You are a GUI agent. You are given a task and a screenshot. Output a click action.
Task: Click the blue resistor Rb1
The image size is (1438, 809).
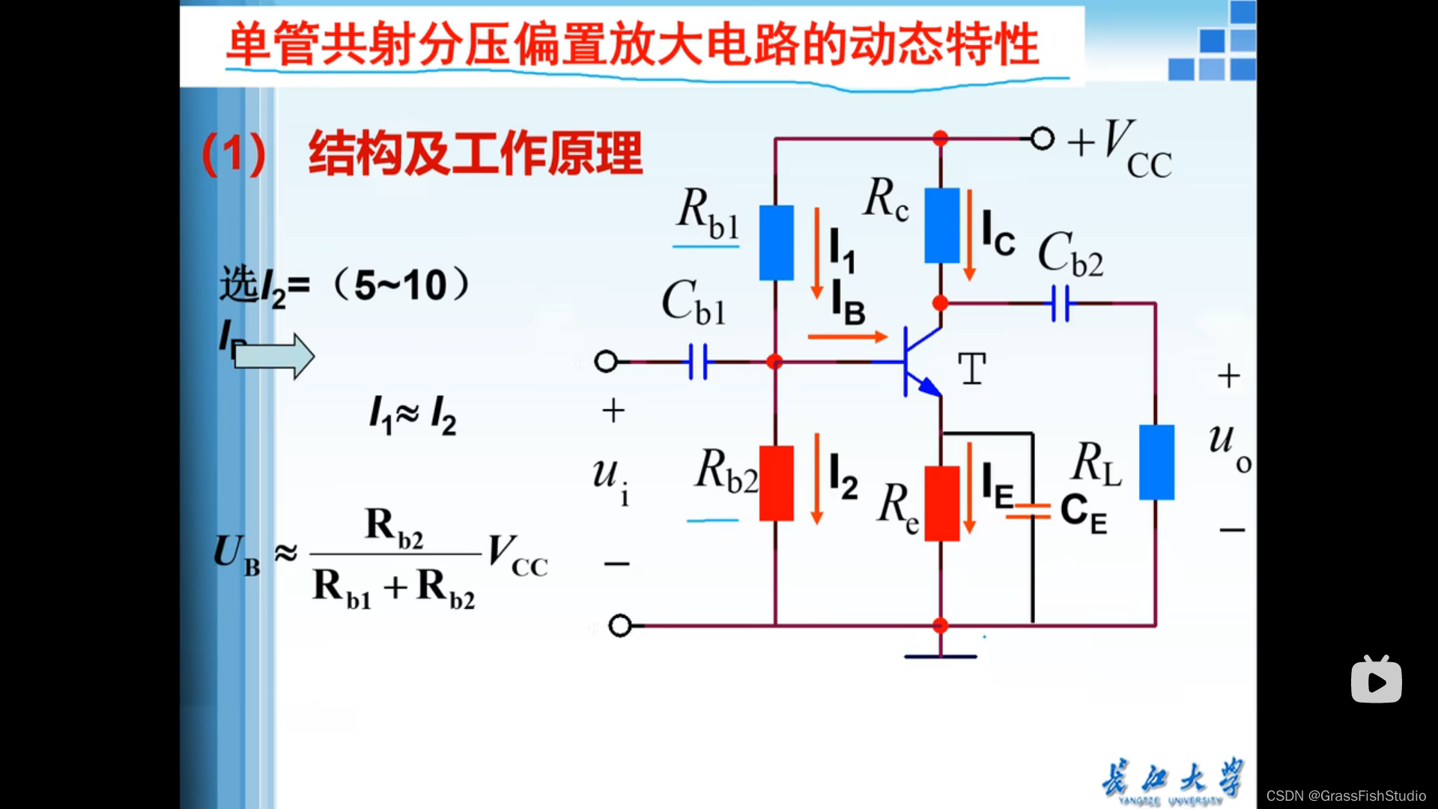777,243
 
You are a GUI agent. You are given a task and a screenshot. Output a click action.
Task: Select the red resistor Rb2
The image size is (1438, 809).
777,483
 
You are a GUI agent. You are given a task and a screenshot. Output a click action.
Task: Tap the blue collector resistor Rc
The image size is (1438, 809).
941,225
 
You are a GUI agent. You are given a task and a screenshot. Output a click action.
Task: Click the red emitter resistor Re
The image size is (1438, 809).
941,503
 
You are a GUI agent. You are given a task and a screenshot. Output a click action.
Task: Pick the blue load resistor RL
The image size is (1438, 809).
1156,462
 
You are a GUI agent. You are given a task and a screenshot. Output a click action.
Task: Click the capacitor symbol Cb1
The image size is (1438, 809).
699,362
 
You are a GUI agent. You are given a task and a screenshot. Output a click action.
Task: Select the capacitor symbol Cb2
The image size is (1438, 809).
1061,303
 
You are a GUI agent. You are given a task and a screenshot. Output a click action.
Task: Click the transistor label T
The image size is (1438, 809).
972,369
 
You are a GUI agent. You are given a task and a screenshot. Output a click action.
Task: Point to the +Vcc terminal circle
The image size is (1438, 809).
1042,139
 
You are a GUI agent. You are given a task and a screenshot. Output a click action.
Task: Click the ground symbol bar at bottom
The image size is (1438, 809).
941,657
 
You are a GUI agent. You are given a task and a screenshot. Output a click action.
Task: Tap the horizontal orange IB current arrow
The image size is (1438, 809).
847,337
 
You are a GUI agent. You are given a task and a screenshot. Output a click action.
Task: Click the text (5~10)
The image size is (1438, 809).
402,285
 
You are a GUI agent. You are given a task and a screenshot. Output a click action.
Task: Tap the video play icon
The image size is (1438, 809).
1376,681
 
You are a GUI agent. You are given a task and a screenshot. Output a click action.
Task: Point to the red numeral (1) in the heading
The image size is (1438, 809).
234,154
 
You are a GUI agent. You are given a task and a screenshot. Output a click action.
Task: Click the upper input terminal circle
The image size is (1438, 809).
606,362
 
